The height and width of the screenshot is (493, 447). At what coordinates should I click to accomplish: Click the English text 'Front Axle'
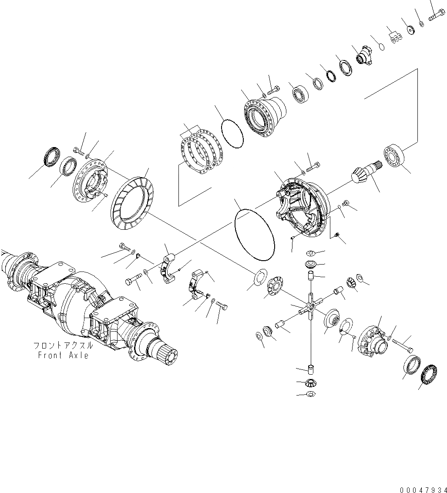[63, 355]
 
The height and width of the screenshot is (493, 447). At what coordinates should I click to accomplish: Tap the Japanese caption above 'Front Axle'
[63, 346]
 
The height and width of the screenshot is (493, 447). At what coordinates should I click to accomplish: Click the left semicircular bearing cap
[168, 266]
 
